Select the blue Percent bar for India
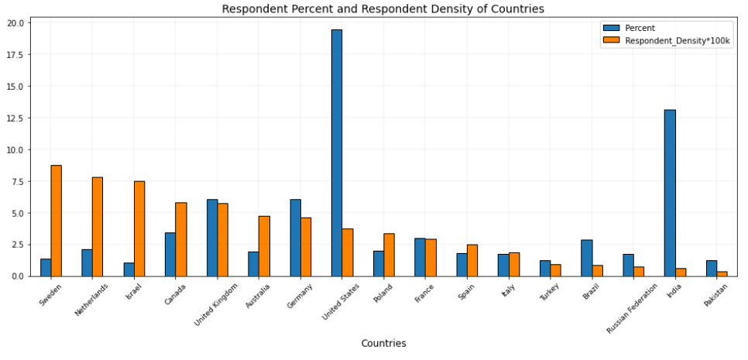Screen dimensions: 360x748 (670, 193)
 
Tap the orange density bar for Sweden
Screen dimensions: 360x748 (57, 221)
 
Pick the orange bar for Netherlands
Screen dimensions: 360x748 (98, 226)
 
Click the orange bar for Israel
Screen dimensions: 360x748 (139, 228)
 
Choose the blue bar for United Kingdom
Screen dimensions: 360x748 (212, 238)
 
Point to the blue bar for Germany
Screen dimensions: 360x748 (295, 238)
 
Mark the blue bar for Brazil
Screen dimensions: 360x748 (586, 258)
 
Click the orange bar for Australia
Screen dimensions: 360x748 (264, 246)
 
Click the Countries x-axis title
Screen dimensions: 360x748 (383, 343)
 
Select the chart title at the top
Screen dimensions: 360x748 (383, 9)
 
